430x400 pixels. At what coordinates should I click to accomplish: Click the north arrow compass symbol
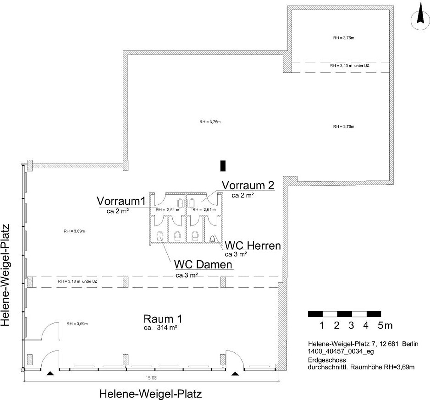(420, 20)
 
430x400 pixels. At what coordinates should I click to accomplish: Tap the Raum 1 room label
(163, 319)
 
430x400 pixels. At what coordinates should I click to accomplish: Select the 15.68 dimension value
(151, 378)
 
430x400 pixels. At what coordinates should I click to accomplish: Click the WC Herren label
(253, 246)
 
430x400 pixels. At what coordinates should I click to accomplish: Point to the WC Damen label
(203, 265)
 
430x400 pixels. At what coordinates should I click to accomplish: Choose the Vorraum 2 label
(248, 185)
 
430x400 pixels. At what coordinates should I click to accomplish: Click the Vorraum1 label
(121, 201)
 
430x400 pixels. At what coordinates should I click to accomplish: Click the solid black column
(223, 166)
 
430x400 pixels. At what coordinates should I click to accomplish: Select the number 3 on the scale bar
(351, 325)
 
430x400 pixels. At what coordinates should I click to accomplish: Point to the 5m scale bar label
(385, 325)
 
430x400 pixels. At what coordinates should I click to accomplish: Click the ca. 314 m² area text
(160, 327)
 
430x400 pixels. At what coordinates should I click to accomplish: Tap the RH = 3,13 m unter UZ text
(350, 66)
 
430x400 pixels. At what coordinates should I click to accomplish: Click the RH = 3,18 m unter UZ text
(78, 281)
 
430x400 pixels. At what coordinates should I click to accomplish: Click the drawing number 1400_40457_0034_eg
(341, 351)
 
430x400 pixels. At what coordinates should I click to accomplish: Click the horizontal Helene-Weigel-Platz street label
(151, 394)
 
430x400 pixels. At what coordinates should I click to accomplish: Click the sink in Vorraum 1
(180, 203)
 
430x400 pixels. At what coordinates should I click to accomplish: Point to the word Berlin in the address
(410, 344)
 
